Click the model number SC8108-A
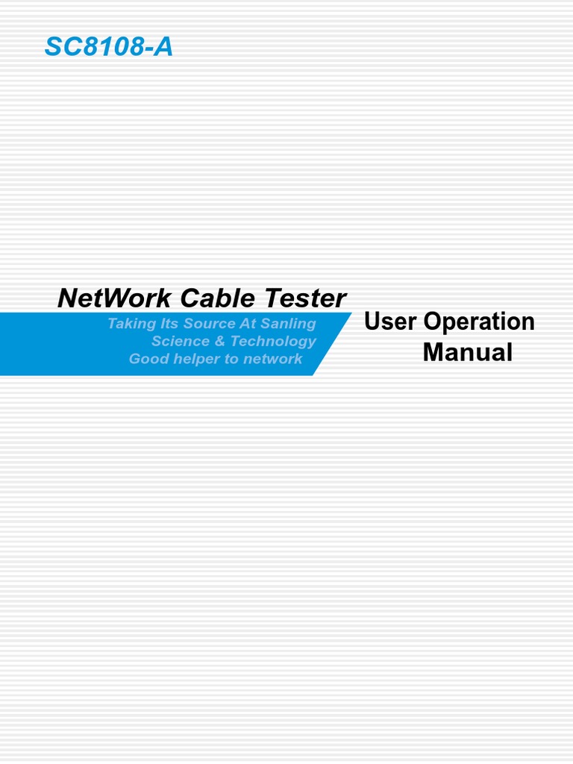coord(109,47)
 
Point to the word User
coord(389,322)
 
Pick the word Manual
coord(467,352)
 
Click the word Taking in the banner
coord(129,324)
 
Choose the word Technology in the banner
coord(273,341)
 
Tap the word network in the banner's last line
coord(272,359)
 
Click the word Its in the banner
coord(163,323)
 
